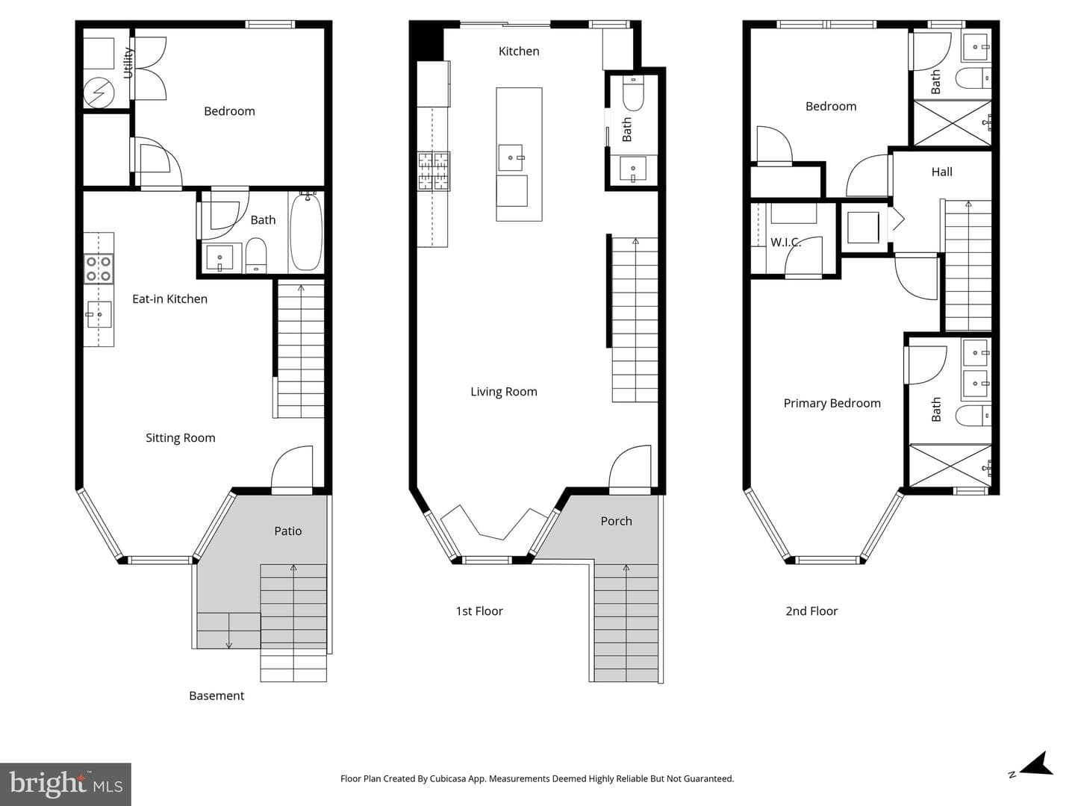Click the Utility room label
click(x=128, y=63)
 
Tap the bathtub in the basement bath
click(x=306, y=231)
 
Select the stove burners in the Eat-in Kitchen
click(x=99, y=269)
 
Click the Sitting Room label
click(x=180, y=437)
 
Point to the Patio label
click(x=288, y=531)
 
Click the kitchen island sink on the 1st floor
click(x=511, y=157)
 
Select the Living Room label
click(x=503, y=392)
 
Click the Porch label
click(x=616, y=521)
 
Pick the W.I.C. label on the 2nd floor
click(x=785, y=242)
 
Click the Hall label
click(x=941, y=172)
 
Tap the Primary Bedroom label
click(x=832, y=403)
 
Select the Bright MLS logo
click(x=66, y=784)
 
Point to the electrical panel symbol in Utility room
click(x=99, y=93)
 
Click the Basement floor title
click(x=216, y=696)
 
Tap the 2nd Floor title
click(x=811, y=610)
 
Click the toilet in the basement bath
click(x=255, y=256)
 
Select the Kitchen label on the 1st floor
click(x=519, y=51)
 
